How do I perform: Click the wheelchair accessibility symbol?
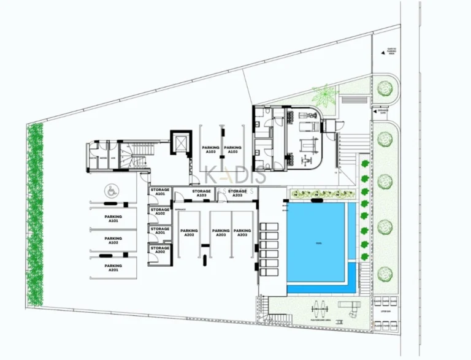click(x=112, y=191)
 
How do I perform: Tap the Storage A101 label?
click(x=160, y=193)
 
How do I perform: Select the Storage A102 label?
click(x=160, y=212)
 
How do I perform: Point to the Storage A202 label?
click(x=160, y=250)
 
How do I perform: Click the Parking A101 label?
click(x=113, y=219)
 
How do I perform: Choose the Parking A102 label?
click(x=113, y=240)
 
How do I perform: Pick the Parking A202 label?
click(x=188, y=234)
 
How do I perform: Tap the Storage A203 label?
click(x=238, y=193)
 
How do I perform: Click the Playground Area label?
click(x=321, y=320)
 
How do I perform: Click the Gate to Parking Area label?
click(x=391, y=52)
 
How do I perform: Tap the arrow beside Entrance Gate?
click(x=374, y=112)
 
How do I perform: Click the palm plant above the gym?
click(x=323, y=96)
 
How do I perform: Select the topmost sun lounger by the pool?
click(x=269, y=227)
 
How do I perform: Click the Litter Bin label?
click(x=385, y=312)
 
